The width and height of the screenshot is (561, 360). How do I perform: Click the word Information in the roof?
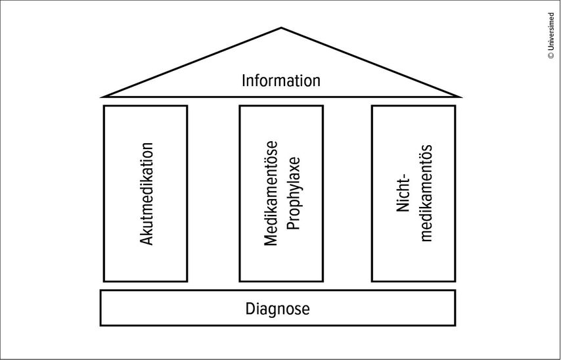pos(281,80)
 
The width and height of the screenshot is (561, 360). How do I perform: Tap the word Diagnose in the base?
pos(278,309)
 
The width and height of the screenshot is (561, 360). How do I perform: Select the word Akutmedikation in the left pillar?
pos(146,194)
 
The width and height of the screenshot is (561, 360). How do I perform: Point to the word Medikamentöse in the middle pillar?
pos(271,194)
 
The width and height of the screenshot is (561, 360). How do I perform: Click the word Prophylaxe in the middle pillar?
pos(294,194)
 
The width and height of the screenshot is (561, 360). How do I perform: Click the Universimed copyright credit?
pos(550,35)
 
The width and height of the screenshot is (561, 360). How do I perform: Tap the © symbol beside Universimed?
pos(551,56)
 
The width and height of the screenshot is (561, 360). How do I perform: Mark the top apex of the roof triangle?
pos(281,28)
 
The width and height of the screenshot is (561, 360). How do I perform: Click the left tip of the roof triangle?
pos(102,97)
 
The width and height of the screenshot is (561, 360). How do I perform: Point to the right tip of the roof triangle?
pos(461,97)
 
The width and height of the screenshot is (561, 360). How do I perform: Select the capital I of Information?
pos(244,81)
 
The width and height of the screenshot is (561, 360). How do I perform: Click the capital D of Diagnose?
pos(250,309)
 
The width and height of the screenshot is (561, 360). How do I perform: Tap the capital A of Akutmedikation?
pos(146,240)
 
